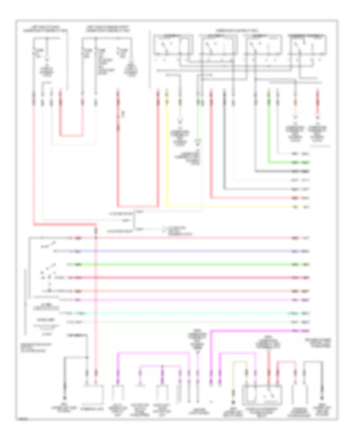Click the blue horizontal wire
[180, 251]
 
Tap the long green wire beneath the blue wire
[180, 264]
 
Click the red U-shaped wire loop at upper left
[72, 134]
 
